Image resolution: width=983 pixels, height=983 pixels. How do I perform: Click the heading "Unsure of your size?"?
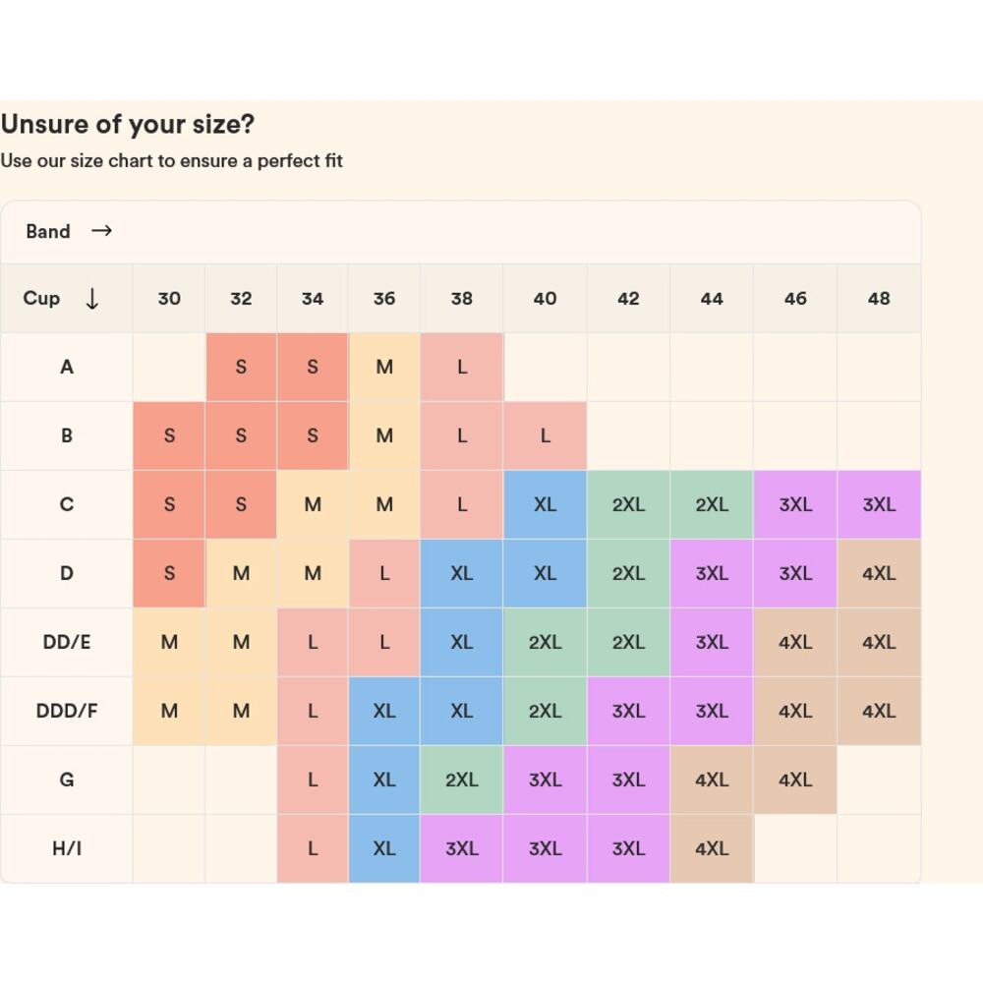[x=128, y=125]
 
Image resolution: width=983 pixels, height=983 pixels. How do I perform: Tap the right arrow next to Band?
[x=101, y=231]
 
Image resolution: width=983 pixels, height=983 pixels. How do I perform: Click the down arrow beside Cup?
[x=92, y=299]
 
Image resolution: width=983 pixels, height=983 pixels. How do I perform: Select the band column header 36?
[x=384, y=299]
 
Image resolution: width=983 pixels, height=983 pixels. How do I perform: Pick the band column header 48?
[x=879, y=299]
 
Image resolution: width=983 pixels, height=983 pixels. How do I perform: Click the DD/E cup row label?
[x=67, y=642]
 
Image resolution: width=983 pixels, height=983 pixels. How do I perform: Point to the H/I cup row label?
[x=67, y=848]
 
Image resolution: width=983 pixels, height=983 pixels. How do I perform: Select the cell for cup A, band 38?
[x=461, y=367]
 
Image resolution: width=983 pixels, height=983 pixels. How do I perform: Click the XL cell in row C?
[x=545, y=504]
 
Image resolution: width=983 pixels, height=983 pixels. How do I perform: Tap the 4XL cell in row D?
[x=879, y=573]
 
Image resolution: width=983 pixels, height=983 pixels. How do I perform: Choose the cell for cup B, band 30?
[x=169, y=435]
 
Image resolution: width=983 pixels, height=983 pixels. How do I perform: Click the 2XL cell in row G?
[x=461, y=780]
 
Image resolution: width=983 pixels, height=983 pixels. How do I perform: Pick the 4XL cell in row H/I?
[x=712, y=848]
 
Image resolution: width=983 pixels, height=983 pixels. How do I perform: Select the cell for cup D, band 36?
[x=384, y=573]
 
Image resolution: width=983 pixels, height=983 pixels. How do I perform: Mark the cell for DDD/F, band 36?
[x=384, y=711]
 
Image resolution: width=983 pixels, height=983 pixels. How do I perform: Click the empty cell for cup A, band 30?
[x=169, y=367]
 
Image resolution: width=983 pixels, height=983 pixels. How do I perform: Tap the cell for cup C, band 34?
[x=313, y=504]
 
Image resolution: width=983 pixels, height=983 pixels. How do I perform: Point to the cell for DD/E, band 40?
[x=545, y=642]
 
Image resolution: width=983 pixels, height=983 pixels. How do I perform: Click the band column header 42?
[x=628, y=299]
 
